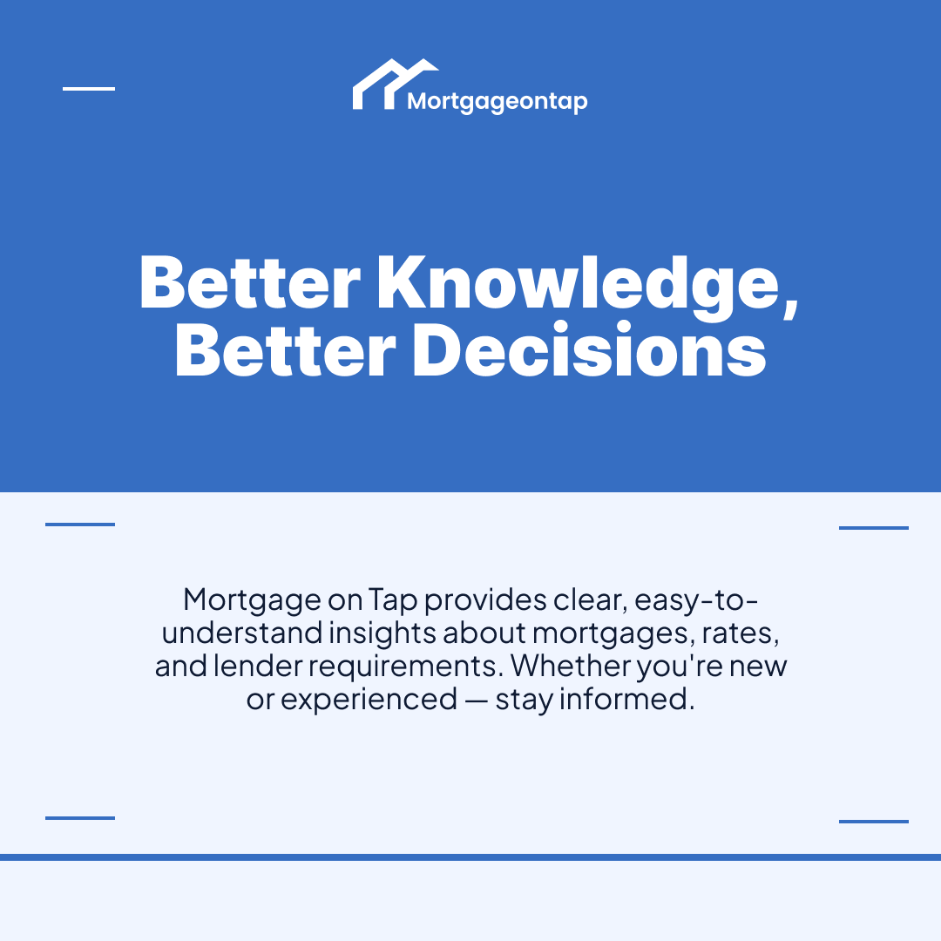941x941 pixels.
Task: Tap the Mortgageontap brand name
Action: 498,102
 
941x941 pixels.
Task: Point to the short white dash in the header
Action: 89,89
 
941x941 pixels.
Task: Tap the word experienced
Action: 369,699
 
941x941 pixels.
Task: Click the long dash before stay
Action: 477,700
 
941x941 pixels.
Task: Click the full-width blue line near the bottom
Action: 470,857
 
